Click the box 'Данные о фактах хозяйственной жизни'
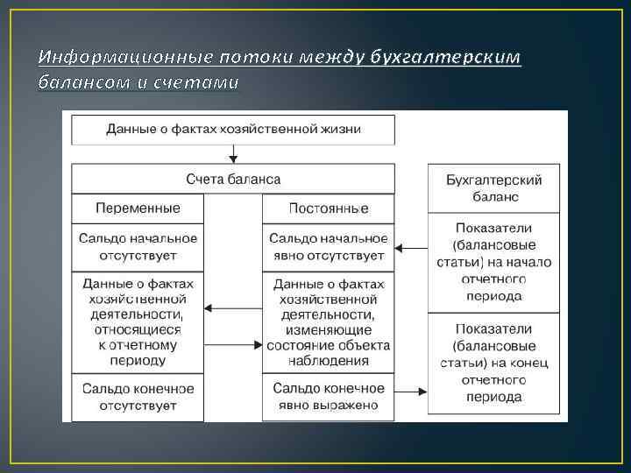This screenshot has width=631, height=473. pyautogui.click(x=233, y=130)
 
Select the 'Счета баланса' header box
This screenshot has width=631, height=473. pyautogui.click(x=233, y=179)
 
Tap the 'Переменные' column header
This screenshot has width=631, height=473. pyautogui.click(x=138, y=208)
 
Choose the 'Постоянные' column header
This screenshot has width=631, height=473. pyautogui.click(x=328, y=208)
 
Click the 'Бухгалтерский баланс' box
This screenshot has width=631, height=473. pyautogui.click(x=494, y=187)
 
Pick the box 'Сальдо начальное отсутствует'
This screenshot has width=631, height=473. pyautogui.click(x=138, y=247)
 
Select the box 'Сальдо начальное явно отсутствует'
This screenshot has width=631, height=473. pyautogui.click(x=328, y=247)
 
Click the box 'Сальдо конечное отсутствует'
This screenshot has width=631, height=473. pyautogui.click(x=138, y=396)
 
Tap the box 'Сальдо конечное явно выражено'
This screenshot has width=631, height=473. pyautogui.click(x=328, y=396)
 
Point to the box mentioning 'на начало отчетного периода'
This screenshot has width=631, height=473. pyautogui.click(x=494, y=262)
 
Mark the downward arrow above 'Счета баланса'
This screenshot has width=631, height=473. pyautogui.click(x=233, y=155)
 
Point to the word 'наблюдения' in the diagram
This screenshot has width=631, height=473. pyautogui.click(x=328, y=360)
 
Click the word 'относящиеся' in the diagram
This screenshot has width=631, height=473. pyautogui.click(x=138, y=330)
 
